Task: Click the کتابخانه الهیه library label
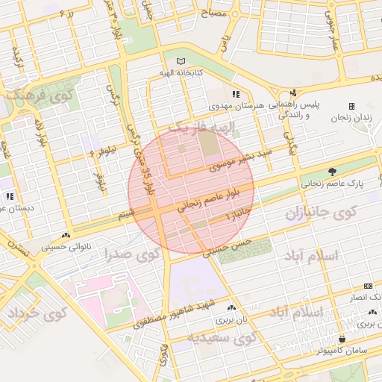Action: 178,73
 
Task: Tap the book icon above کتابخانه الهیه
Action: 178,61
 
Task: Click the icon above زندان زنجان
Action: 352,107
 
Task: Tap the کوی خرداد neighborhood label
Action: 37,313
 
